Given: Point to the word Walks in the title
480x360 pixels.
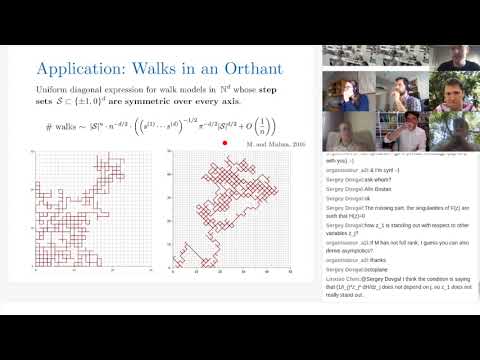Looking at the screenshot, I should point(165,71).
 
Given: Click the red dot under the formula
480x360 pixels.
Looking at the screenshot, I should point(211,143).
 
